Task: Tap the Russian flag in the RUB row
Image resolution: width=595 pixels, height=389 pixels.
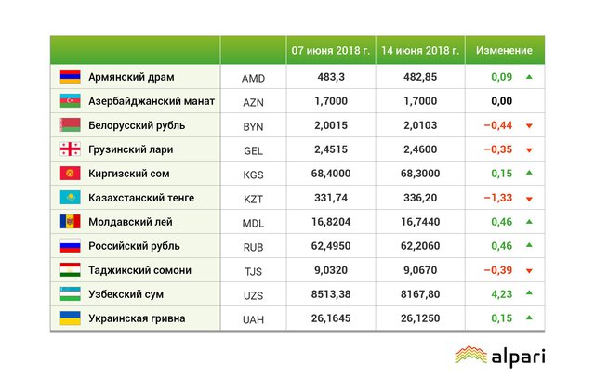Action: point(70,246)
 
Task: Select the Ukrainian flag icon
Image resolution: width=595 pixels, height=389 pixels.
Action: point(70,318)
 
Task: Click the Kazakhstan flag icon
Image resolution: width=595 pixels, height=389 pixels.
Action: point(70,198)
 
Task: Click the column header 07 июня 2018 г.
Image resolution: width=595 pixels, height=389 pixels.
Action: point(330,50)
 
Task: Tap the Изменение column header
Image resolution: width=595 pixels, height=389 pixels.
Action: point(504,50)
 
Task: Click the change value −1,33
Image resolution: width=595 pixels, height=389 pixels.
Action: point(500,199)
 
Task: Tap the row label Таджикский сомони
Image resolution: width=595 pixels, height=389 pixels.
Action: point(139,270)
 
